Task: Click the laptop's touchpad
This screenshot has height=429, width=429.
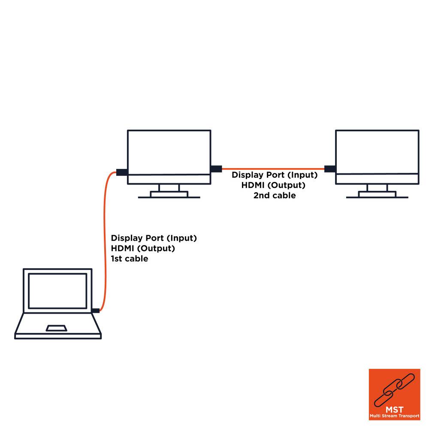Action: click(x=57, y=328)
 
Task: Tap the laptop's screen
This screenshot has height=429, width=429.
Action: click(x=57, y=291)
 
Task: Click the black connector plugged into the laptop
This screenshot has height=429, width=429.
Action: click(x=96, y=311)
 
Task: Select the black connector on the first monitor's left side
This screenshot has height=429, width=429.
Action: click(x=121, y=172)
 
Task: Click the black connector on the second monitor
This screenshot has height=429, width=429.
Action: click(x=329, y=169)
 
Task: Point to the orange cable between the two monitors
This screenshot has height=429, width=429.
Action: click(x=272, y=169)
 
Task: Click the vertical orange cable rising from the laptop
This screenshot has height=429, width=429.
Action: click(x=105, y=240)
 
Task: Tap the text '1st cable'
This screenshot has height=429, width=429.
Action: click(x=129, y=259)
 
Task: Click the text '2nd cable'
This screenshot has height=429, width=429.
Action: click(x=275, y=195)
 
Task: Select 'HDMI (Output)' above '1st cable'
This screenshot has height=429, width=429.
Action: click(x=143, y=248)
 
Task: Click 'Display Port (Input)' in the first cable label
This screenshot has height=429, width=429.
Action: click(x=154, y=238)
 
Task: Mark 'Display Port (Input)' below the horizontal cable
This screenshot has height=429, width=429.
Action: click(x=275, y=175)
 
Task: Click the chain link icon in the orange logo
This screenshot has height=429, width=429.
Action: click(x=394, y=390)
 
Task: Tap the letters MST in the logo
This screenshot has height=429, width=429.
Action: click(x=394, y=410)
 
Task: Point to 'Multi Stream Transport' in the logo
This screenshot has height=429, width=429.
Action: click(x=394, y=416)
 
